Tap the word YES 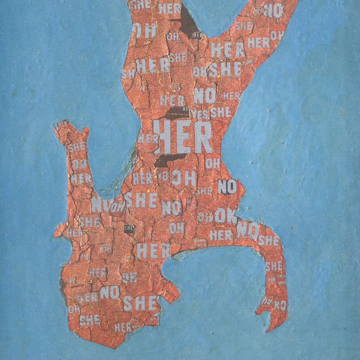(x=199, y=114)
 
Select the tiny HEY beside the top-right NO (x=259, y=10)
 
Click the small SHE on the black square (x=129, y=229)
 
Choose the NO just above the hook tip (x=280, y=305)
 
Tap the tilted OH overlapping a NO (x=117, y=207)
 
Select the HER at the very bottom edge (x=123, y=328)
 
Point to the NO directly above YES (x=205, y=96)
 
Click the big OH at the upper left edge (x=144, y=31)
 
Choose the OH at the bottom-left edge (x=74, y=309)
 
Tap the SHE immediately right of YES (x=220, y=112)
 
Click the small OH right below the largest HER (x=212, y=163)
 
